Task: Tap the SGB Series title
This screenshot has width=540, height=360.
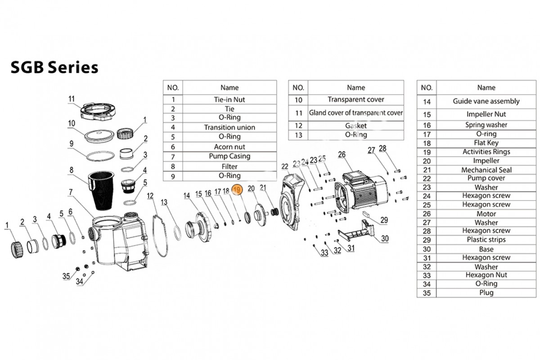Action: click(x=54, y=67)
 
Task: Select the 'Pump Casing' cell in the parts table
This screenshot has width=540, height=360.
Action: click(x=229, y=156)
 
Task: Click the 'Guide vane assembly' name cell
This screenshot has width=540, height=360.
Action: click(x=486, y=101)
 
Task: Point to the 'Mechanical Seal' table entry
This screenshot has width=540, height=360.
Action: click(x=486, y=170)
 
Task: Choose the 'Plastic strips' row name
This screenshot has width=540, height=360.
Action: click(x=486, y=240)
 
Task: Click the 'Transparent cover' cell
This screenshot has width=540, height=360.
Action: click(x=356, y=99)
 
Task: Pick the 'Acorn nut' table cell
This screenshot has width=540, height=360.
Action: click(x=229, y=147)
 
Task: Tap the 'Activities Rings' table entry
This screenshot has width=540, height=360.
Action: click(x=486, y=152)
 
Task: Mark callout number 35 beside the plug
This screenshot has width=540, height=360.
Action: click(x=66, y=276)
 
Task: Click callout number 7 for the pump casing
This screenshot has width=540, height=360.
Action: click(x=71, y=192)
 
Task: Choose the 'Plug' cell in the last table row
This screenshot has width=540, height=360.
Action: click(x=486, y=292)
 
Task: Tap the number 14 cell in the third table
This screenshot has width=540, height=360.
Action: click(x=427, y=101)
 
